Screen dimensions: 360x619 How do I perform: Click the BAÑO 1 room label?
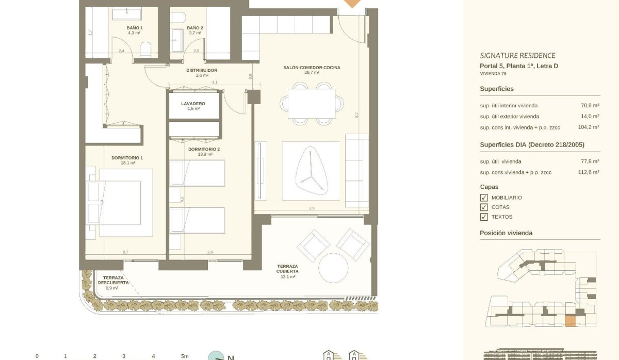(x=135, y=28)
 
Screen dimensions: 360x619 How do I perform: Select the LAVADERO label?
(x=193, y=104)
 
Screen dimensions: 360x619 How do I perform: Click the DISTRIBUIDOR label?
(x=202, y=70)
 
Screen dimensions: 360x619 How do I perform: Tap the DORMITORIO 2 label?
(x=204, y=150)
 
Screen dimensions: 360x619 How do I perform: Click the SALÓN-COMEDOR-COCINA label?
(x=312, y=68)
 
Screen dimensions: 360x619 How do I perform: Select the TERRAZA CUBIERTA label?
(x=287, y=269)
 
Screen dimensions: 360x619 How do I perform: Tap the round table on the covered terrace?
(x=334, y=267)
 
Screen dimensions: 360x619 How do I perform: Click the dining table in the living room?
(x=312, y=103)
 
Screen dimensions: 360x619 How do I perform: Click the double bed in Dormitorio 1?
(x=120, y=202)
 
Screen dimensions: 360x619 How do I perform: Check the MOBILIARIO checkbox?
(x=484, y=198)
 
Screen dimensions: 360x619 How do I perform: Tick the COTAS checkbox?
(x=484, y=207)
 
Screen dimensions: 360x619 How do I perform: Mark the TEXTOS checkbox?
(x=484, y=217)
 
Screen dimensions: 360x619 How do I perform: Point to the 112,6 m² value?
(x=589, y=172)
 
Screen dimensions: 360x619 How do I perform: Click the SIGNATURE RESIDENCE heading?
(x=517, y=56)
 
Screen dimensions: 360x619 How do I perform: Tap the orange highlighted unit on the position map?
(x=570, y=321)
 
